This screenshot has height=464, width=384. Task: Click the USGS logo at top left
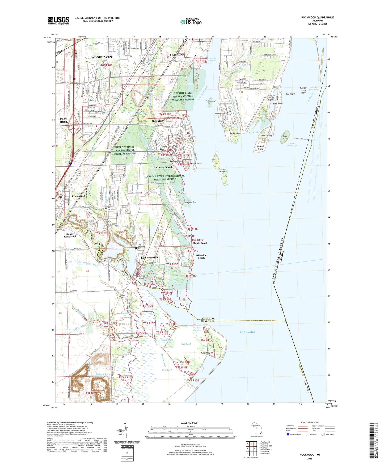[x=58, y=20]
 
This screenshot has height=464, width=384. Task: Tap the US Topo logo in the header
[x=191, y=22]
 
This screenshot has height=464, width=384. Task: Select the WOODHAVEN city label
[x=102, y=57]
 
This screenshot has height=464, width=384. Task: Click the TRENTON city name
[x=177, y=54]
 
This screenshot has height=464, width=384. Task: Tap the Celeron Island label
[x=222, y=170]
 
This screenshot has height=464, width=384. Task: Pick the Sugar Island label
[x=285, y=137]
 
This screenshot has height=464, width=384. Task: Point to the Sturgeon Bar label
[x=190, y=203]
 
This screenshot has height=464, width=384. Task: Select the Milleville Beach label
[x=201, y=256]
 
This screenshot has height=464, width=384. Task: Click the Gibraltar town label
[x=158, y=121]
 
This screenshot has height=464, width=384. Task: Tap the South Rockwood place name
[x=70, y=235]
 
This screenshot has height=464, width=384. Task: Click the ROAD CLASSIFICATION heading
[x=310, y=422]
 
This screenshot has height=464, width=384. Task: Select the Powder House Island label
[x=303, y=90]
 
